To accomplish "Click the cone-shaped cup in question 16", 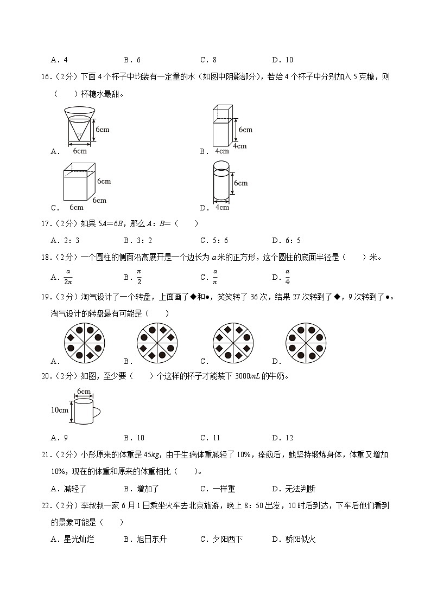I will click(79, 125).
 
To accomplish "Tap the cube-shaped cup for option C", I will click(80, 182).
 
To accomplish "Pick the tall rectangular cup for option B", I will click(223, 126).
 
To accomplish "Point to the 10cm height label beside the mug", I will click(59, 410).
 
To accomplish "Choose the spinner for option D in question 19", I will click(306, 342).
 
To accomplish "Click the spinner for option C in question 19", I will click(233, 342).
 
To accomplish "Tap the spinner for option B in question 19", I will click(157, 342).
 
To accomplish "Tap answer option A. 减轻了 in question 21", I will click(68, 489).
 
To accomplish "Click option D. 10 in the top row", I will click(282, 60).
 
